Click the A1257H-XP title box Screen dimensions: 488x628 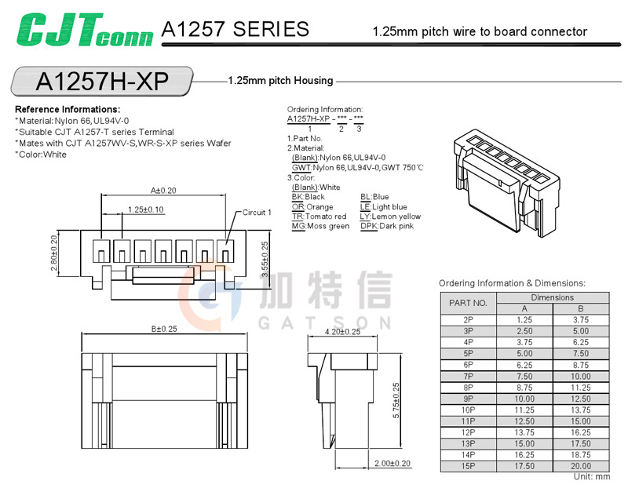[x=102, y=81]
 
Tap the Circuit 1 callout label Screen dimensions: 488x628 [x=257, y=212]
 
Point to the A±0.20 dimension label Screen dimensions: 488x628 [x=163, y=190]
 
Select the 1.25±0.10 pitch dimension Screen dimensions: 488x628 [x=145, y=209]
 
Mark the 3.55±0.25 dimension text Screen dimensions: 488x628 [x=265, y=260]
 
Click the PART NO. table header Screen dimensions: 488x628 [x=468, y=303]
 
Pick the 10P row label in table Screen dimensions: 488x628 [x=468, y=410]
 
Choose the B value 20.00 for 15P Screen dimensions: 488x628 [x=582, y=465]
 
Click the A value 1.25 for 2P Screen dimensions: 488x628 [x=524, y=320]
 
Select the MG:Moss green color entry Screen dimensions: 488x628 [x=320, y=226]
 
